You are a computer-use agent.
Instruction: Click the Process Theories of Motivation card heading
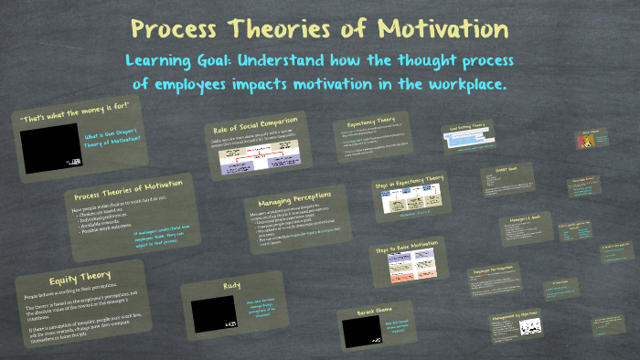[126, 193]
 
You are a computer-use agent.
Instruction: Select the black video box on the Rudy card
[214, 313]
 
